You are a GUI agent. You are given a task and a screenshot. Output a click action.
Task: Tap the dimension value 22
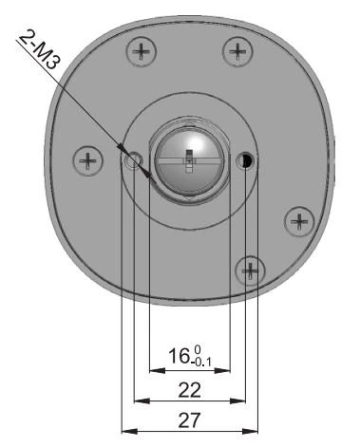190,390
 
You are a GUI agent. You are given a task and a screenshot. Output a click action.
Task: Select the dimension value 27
190,420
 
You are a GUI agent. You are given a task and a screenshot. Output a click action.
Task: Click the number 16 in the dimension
179,356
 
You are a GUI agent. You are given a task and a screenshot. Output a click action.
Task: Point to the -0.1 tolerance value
201,362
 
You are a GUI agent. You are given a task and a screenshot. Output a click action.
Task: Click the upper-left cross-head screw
142,51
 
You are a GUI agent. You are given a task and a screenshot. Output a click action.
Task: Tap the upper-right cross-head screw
237,51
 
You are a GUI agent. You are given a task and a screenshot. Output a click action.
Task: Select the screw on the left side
88,160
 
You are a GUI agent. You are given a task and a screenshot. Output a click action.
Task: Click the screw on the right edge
299,221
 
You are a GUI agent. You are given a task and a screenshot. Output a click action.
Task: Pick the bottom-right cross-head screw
250,270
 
